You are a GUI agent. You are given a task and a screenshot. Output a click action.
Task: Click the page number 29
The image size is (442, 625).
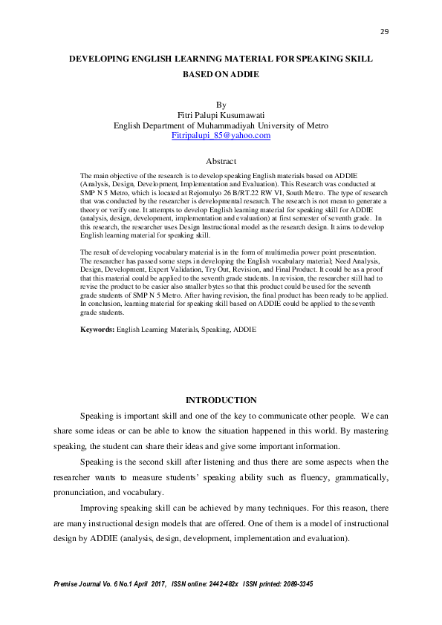pos(385,31)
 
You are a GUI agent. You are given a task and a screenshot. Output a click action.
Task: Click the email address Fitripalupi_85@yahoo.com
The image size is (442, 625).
pos(221,136)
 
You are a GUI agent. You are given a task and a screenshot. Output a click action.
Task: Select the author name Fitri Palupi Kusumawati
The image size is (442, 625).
pos(221,116)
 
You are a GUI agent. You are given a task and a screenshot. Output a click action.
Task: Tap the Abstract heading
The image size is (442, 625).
pos(221,161)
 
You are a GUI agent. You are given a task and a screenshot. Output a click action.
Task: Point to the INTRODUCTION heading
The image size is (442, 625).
pos(221,400)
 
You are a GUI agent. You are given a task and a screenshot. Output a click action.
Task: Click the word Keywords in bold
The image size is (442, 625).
pos(97,329)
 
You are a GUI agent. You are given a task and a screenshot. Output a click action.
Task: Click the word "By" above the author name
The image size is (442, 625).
pos(221,105)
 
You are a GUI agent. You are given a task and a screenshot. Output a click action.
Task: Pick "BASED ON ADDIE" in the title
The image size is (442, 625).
pos(221,75)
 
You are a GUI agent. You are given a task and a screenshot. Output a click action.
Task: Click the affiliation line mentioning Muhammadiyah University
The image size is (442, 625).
pos(221,125)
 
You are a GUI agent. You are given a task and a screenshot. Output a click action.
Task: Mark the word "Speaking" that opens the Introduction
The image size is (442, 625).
pos(96,416)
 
